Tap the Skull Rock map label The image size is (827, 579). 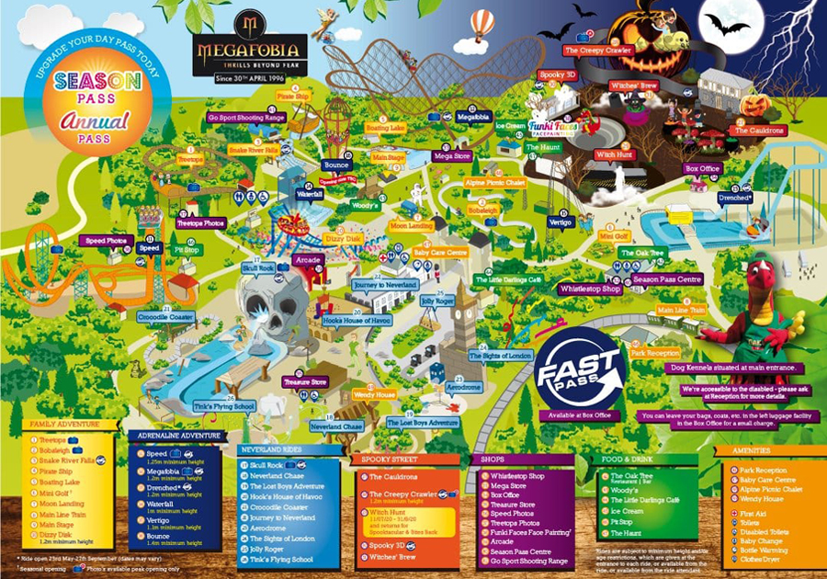pos(258,267)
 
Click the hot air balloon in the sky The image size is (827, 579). pos(482,25)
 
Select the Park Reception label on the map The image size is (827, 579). pos(655,353)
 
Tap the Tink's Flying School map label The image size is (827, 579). pos(223,405)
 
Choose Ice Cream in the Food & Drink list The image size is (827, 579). pos(628,510)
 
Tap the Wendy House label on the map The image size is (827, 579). pos(374,394)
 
